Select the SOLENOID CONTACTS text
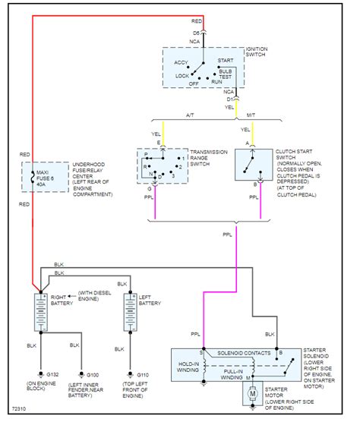[x=242, y=354]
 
